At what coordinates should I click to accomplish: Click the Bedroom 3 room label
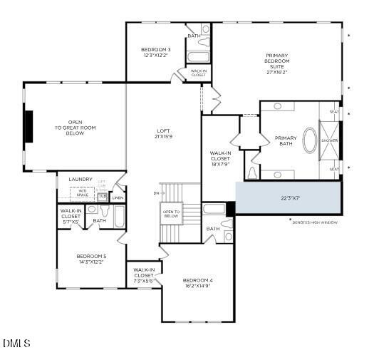[x=155, y=52]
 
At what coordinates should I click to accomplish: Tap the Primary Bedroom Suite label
[x=277, y=63]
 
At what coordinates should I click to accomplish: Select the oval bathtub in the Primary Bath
[x=310, y=140]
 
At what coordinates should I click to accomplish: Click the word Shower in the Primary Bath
[x=329, y=140]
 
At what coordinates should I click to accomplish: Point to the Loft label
[x=163, y=133]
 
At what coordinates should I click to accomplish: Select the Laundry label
[x=80, y=179]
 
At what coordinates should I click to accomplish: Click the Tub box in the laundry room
[x=103, y=195]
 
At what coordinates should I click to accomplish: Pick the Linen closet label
[x=118, y=197]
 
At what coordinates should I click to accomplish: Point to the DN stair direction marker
[x=155, y=192]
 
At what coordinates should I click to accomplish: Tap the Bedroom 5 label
[x=91, y=259]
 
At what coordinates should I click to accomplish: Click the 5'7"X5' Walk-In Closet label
[x=71, y=216]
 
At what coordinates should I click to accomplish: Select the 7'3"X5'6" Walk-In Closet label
[x=143, y=275]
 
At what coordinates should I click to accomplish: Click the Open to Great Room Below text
[x=76, y=128]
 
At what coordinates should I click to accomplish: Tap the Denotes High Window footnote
[x=315, y=222]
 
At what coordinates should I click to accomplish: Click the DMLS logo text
[x=16, y=344]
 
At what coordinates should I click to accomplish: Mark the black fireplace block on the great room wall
[x=28, y=127]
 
